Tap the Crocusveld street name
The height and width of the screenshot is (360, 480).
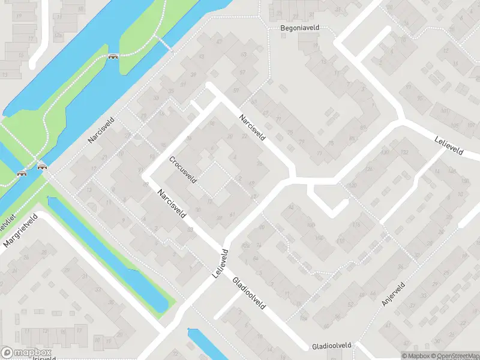(x=182, y=170)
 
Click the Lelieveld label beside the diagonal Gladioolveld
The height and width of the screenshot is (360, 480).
(x=220, y=263)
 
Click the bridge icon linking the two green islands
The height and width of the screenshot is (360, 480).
(x=113, y=57)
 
